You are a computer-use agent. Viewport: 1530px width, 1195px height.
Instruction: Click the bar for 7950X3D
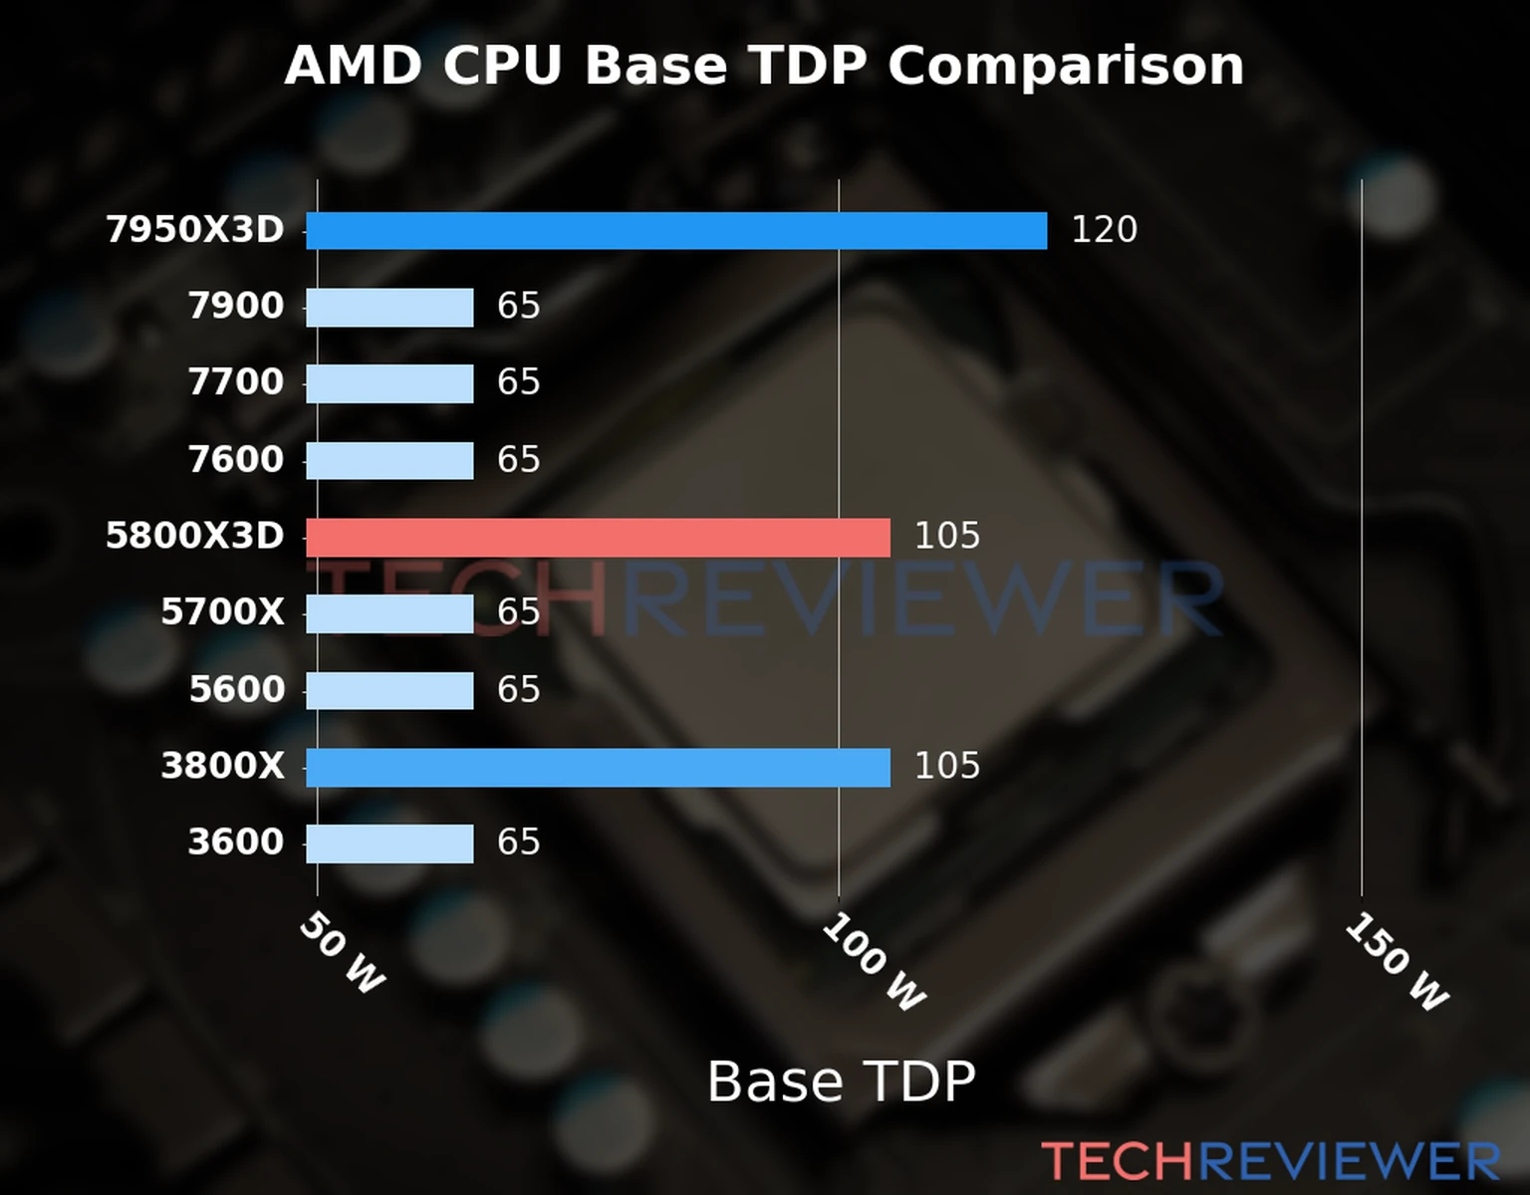tap(676, 231)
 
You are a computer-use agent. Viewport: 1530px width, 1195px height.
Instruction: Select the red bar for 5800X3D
tap(598, 538)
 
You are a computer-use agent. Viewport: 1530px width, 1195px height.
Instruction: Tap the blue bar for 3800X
tap(598, 768)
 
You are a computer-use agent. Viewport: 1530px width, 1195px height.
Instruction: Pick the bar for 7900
tap(389, 308)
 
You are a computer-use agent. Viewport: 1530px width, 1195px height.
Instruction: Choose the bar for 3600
tap(389, 843)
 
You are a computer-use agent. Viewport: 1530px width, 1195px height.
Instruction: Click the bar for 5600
tap(389, 691)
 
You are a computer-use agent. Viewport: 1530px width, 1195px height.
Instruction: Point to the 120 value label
tap(1104, 230)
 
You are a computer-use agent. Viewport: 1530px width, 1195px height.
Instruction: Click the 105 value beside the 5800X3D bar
tap(947, 537)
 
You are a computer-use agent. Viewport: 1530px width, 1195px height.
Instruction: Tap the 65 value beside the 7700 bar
tap(518, 382)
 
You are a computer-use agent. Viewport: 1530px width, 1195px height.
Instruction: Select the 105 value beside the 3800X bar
tap(947, 767)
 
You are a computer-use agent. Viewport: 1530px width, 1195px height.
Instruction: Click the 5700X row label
tap(222, 612)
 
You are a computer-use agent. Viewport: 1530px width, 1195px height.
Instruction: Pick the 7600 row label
tap(236, 460)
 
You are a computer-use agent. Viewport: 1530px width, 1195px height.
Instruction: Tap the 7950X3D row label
tap(195, 230)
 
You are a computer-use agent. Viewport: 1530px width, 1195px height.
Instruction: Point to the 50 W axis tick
tap(342, 953)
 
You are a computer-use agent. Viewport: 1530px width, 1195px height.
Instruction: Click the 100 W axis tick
tap(874, 962)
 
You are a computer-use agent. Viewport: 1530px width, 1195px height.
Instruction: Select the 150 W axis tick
tap(1397, 962)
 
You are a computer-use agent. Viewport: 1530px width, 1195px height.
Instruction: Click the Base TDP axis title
tap(841, 1082)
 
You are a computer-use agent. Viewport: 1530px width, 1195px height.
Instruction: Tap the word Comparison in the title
tap(1065, 67)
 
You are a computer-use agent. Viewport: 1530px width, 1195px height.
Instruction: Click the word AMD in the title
tap(353, 67)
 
